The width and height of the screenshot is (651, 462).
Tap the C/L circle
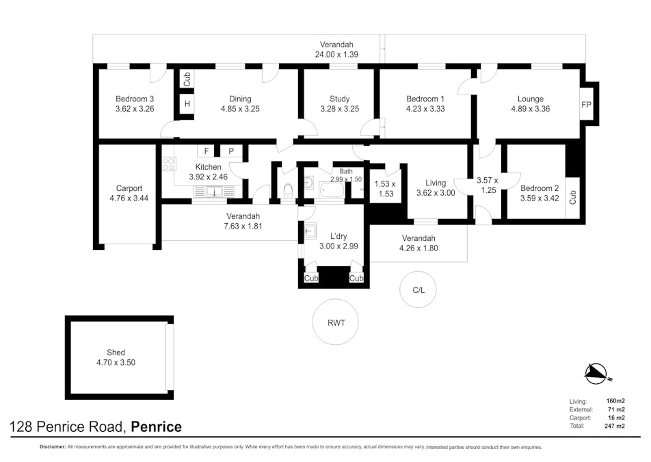pyautogui.click(x=418, y=290)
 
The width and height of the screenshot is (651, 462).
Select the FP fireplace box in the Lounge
pyautogui.click(x=586, y=105)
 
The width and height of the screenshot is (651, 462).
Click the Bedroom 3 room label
pyautogui.click(x=135, y=99)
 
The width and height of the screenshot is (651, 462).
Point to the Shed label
pyautogui.click(x=116, y=352)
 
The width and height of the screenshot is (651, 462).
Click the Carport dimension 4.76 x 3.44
pyautogui.click(x=129, y=198)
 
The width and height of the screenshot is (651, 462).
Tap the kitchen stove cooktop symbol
pyautogui.click(x=168, y=164)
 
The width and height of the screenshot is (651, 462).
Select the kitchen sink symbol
pyautogui.click(x=214, y=192)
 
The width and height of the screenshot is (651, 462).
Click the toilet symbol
pyautogui.click(x=288, y=190)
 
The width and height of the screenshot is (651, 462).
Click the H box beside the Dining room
pyautogui.click(x=186, y=104)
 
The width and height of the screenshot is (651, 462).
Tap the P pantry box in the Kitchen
pyautogui.click(x=230, y=151)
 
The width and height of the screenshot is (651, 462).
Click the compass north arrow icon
pyautogui.click(x=596, y=373)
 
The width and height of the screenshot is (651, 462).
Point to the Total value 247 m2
pyautogui.click(x=615, y=426)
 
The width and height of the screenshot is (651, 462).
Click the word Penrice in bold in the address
pyautogui.click(x=157, y=427)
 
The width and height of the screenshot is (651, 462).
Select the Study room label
pyautogui.click(x=339, y=99)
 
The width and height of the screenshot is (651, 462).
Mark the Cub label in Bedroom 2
pyautogui.click(x=573, y=197)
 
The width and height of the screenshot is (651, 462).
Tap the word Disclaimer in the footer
pyautogui.click(x=52, y=448)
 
